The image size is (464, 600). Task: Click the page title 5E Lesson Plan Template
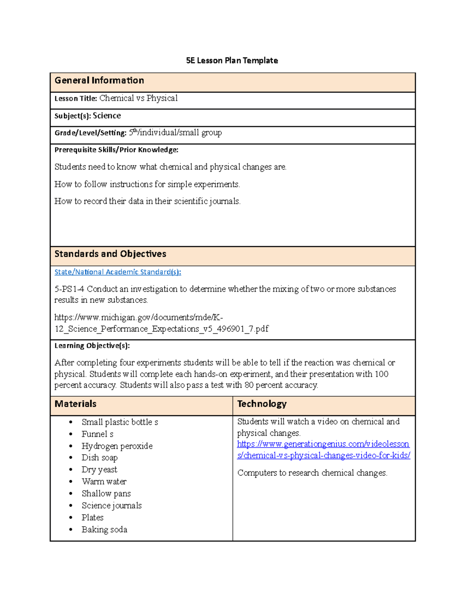(232, 61)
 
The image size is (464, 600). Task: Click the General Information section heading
(99, 80)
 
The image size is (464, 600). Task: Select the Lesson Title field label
(75, 99)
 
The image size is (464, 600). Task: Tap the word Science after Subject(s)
(107, 116)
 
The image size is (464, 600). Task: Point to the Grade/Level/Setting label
(90, 133)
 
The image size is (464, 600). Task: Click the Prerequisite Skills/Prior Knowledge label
(116, 150)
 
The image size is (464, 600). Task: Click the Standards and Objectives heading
(110, 254)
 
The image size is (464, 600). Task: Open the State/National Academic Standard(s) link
(118, 272)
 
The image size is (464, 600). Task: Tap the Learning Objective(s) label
(92, 346)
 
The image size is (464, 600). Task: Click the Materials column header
(75, 404)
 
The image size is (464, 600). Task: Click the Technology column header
(262, 404)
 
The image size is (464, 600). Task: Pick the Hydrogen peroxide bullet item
(117, 446)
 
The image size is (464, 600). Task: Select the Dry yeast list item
(99, 469)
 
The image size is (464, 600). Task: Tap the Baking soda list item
(104, 529)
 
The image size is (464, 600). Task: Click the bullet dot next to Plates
(71, 518)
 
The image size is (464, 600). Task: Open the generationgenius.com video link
(323, 450)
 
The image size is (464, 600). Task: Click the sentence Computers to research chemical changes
(312, 473)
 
